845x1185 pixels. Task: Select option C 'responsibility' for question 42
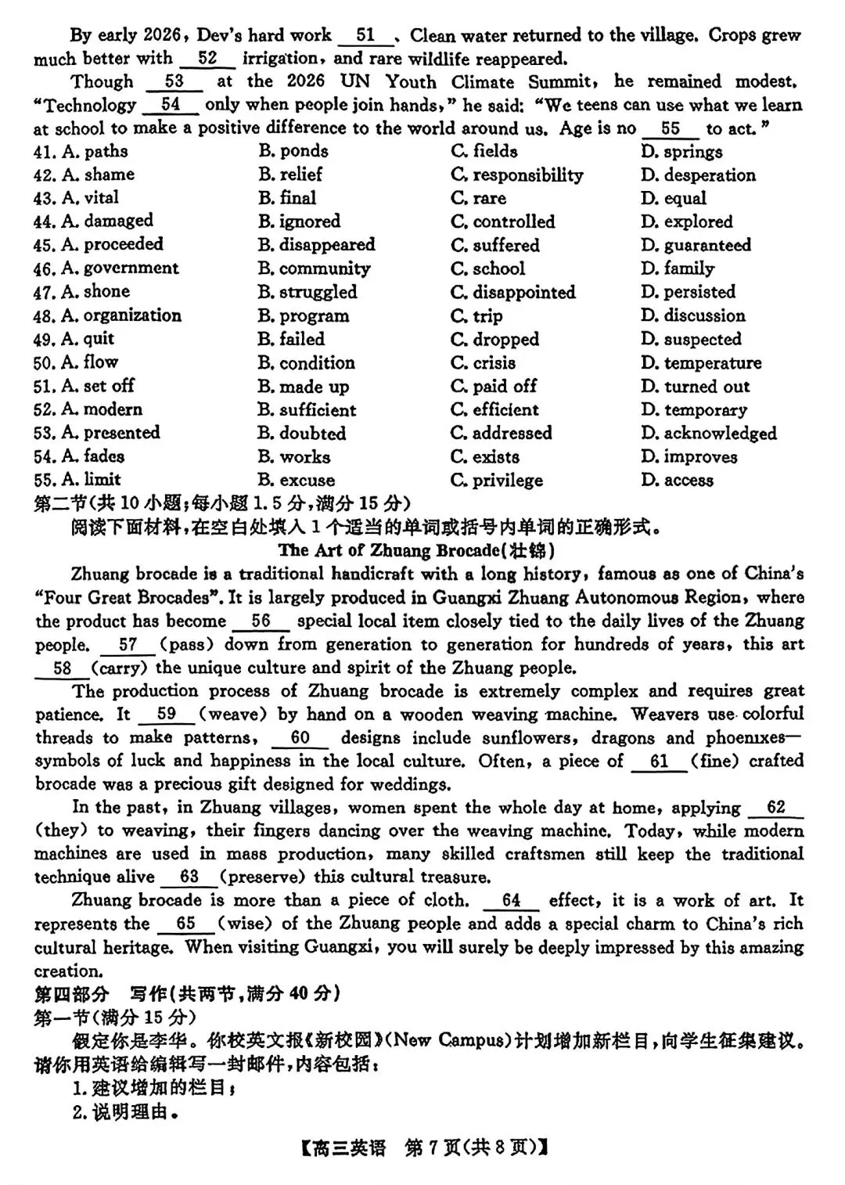pos(517,175)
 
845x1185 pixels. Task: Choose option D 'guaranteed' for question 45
pos(696,245)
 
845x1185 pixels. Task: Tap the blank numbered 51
pos(365,36)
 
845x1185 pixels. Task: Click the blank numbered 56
pos(261,621)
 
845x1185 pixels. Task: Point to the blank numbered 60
pos(300,738)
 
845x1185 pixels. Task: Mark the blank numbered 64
pos(511,901)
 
